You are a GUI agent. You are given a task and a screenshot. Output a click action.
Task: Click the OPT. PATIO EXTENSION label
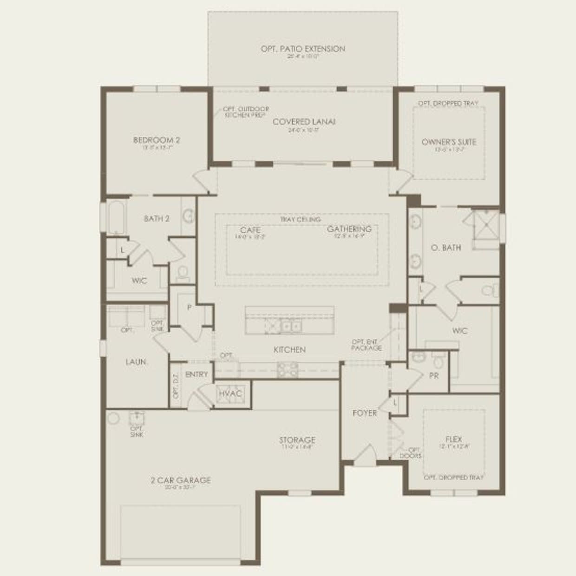pyautogui.click(x=303, y=49)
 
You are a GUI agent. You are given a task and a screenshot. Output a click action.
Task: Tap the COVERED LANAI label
pyautogui.click(x=304, y=122)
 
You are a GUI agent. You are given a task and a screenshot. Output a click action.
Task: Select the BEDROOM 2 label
pyautogui.click(x=157, y=140)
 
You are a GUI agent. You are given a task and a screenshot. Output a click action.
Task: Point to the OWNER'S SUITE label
pyautogui.click(x=449, y=142)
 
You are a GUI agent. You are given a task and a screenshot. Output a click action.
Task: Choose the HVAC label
pyautogui.click(x=230, y=393)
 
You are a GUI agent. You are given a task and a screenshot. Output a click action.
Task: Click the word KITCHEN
pyautogui.click(x=289, y=349)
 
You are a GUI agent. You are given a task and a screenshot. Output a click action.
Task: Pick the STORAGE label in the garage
pyautogui.click(x=297, y=439)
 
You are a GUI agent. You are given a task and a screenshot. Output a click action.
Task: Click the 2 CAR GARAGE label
pyautogui.click(x=181, y=480)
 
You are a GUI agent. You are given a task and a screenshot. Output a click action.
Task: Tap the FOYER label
pyautogui.click(x=365, y=412)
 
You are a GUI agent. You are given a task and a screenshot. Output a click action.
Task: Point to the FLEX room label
pyautogui.click(x=453, y=439)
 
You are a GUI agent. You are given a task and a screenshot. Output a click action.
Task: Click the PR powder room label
pyautogui.click(x=434, y=375)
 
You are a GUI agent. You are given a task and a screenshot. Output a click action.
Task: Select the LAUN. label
pyautogui.click(x=136, y=361)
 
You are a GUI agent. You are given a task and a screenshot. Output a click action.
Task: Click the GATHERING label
pyautogui.click(x=349, y=229)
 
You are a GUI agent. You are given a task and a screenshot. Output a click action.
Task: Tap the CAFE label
pyautogui.click(x=250, y=230)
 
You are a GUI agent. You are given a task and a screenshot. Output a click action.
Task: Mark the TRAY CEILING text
pyautogui.click(x=300, y=219)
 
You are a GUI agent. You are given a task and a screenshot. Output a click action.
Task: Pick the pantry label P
pyautogui.click(x=190, y=307)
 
